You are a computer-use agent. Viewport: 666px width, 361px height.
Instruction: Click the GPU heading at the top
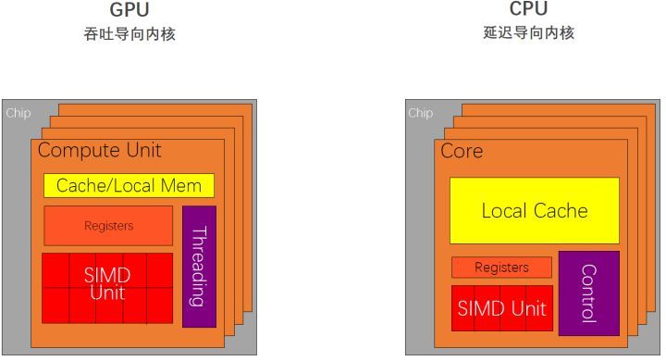point(129,11)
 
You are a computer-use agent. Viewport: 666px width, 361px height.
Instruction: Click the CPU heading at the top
point(528,10)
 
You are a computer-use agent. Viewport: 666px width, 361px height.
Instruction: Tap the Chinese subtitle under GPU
point(129,34)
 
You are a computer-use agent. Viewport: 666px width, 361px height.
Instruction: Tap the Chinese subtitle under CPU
point(528,33)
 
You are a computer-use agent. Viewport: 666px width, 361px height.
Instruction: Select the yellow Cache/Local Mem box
point(129,185)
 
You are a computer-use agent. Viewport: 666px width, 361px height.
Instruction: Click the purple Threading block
point(199,266)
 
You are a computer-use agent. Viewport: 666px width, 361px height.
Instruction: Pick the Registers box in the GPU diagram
point(108,226)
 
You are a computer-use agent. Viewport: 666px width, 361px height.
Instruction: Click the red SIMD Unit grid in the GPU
point(107,287)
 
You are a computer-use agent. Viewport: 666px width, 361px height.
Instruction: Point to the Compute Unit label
point(99,151)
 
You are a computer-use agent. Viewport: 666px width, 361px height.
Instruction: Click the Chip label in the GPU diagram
point(18,113)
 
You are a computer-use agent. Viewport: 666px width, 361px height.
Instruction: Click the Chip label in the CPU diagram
point(420,113)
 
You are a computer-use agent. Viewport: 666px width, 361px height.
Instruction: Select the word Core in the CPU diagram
point(462,152)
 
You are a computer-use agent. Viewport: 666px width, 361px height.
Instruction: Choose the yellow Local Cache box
point(534,210)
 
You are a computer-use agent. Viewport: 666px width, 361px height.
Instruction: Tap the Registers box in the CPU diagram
point(501,268)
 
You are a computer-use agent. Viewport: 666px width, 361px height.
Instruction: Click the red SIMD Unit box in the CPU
point(501,308)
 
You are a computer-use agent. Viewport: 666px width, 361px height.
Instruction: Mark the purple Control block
point(588,293)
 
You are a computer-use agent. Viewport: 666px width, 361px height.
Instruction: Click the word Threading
point(198,266)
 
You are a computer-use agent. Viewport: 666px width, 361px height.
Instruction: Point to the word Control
point(588,293)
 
